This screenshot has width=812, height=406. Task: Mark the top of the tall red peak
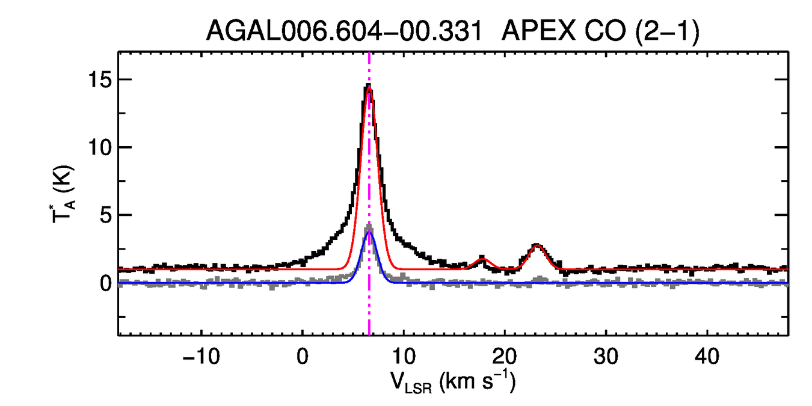pyautogui.click(x=369, y=90)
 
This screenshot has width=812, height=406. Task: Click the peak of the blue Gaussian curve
pyautogui.click(x=369, y=232)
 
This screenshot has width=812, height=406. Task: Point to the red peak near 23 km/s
pyautogui.click(x=537, y=245)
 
